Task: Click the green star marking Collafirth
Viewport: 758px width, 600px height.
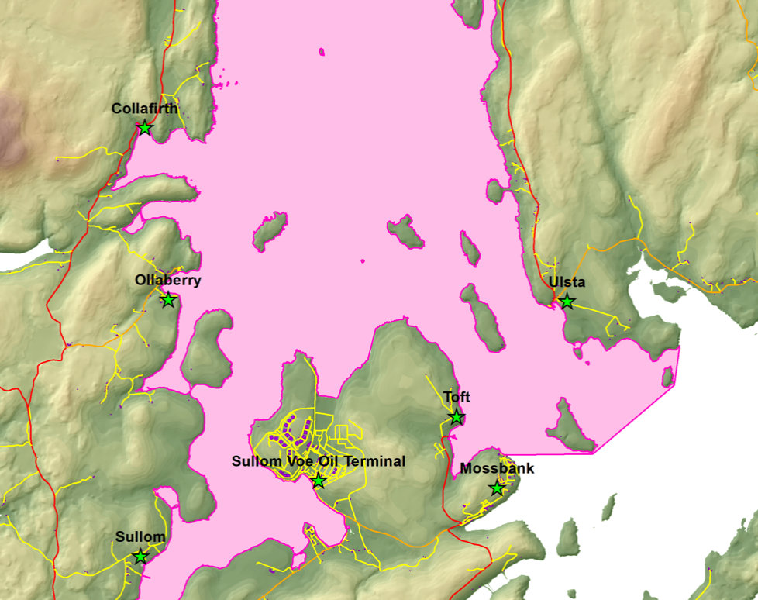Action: pos(144,128)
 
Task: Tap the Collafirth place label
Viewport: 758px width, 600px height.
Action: pos(144,109)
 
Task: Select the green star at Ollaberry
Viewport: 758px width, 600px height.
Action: pos(167,300)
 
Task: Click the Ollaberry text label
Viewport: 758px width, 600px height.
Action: pos(167,281)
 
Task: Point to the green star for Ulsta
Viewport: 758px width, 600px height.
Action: pos(567,302)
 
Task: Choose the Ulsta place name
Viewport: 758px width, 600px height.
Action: pos(567,282)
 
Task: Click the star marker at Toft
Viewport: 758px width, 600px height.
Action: pos(457,418)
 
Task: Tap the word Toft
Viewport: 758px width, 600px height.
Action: pos(457,398)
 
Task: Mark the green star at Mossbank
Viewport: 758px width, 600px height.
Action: pos(497,488)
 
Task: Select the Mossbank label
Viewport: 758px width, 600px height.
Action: pos(497,469)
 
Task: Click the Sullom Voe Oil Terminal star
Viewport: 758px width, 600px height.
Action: pos(318,481)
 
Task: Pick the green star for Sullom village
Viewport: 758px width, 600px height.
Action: pos(140,557)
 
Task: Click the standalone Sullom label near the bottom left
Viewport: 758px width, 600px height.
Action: pos(140,537)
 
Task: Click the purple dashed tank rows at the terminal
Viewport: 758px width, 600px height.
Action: pos(297,431)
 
